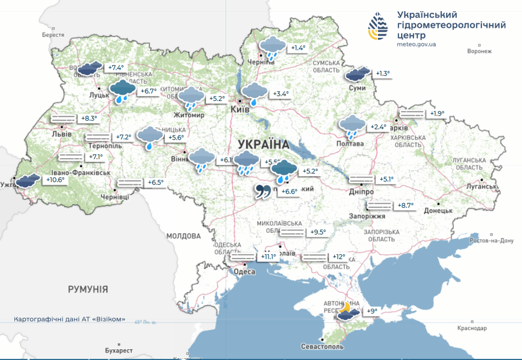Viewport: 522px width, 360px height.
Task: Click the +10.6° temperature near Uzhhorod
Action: coord(55,180)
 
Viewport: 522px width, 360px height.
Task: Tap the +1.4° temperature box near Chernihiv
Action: coord(298,48)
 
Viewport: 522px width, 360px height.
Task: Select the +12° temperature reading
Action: coord(339,257)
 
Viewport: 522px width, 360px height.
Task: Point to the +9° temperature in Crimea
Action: coord(372,311)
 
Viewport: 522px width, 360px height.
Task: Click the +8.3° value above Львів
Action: coord(89,119)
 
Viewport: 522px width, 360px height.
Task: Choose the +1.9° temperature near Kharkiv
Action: coord(437,113)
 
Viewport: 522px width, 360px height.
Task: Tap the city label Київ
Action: coord(240,109)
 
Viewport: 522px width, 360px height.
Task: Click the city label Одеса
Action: coord(244,272)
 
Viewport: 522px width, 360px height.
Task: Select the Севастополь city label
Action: coord(322,347)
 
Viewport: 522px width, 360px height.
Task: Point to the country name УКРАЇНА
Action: coord(264,144)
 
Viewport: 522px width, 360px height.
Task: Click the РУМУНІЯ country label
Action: coord(88,289)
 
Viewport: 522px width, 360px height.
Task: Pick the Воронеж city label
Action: coord(479,51)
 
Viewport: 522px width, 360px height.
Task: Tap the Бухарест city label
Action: coord(119,350)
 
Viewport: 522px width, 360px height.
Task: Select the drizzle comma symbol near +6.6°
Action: coord(263,191)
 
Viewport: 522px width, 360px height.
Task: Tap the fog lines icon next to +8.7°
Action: coord(379,205)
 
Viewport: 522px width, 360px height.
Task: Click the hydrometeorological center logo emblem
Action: coord(378,26)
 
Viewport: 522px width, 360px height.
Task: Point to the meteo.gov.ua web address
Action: coord(416,44)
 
